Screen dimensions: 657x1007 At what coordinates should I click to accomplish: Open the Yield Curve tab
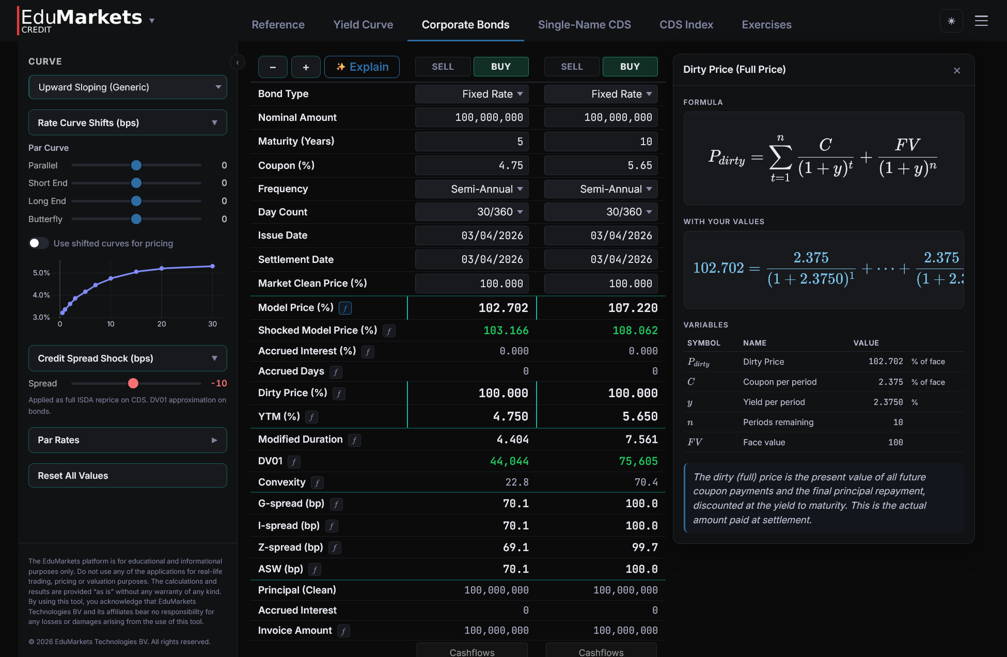pos(363,25)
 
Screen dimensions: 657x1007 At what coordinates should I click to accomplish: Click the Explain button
pos(362,67)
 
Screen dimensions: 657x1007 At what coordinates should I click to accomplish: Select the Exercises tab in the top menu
pos(766,25)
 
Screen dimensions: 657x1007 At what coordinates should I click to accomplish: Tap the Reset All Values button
pos(128,476)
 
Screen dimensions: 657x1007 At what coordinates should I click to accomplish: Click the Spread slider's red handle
pos(133,383)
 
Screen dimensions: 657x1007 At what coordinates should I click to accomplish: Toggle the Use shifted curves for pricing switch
pos(38,243)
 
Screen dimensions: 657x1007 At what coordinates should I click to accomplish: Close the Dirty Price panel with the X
pos(957,71)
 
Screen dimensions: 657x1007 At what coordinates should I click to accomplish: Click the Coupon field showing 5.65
pos(601,166)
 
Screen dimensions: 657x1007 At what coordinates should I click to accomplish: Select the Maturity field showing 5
pos(472,142)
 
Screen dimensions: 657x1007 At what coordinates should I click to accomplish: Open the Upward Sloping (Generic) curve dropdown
pos(128,87)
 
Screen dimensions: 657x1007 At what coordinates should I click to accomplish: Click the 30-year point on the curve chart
pos(212,267)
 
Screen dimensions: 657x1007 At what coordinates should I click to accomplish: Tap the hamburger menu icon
pos(981,21)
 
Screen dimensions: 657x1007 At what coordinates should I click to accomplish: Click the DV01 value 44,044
pos(509,461)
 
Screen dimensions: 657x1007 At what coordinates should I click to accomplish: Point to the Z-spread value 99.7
pos(644,547)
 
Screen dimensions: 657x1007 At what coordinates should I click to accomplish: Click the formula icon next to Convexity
pos(317,483)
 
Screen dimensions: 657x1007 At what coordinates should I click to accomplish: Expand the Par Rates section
pos(128,440)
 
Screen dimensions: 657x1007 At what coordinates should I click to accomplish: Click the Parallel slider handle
pos(136,165)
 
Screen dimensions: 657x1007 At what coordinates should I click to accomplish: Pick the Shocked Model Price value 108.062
pos(635,331)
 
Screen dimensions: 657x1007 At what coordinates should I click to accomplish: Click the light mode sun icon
pos(951,21)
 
